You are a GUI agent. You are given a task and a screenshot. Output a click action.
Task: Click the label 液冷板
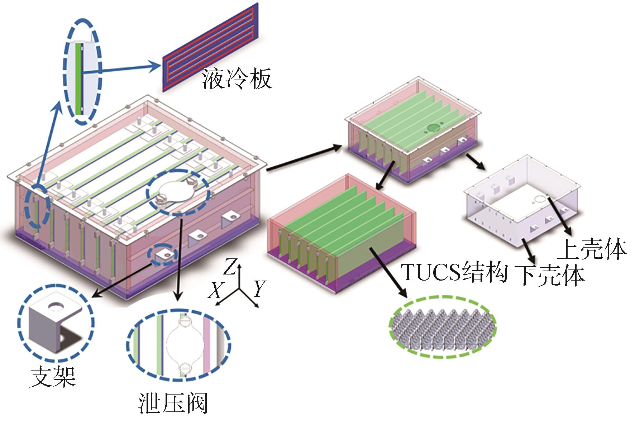point(237,79)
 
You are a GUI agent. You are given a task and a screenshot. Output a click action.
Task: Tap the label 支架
point(53,376)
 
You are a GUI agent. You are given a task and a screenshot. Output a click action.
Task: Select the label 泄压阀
point(173,404)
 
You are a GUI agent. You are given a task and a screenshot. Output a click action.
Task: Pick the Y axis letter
point(259,289)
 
